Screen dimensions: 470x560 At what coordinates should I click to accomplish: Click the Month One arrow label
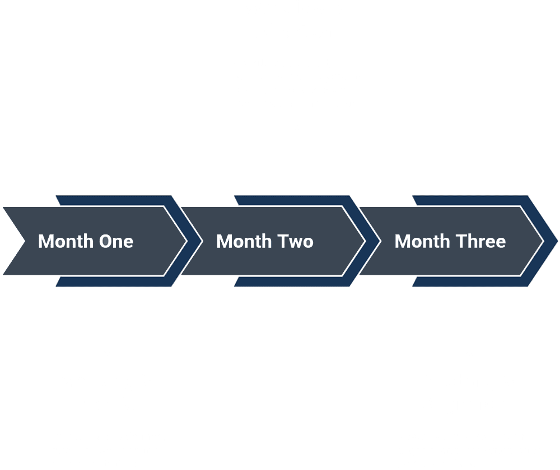[x=86, y=241]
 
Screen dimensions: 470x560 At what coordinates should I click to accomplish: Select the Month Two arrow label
[x=265, y=241]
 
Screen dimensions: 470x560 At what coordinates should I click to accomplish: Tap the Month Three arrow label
[x=450, y=241]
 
